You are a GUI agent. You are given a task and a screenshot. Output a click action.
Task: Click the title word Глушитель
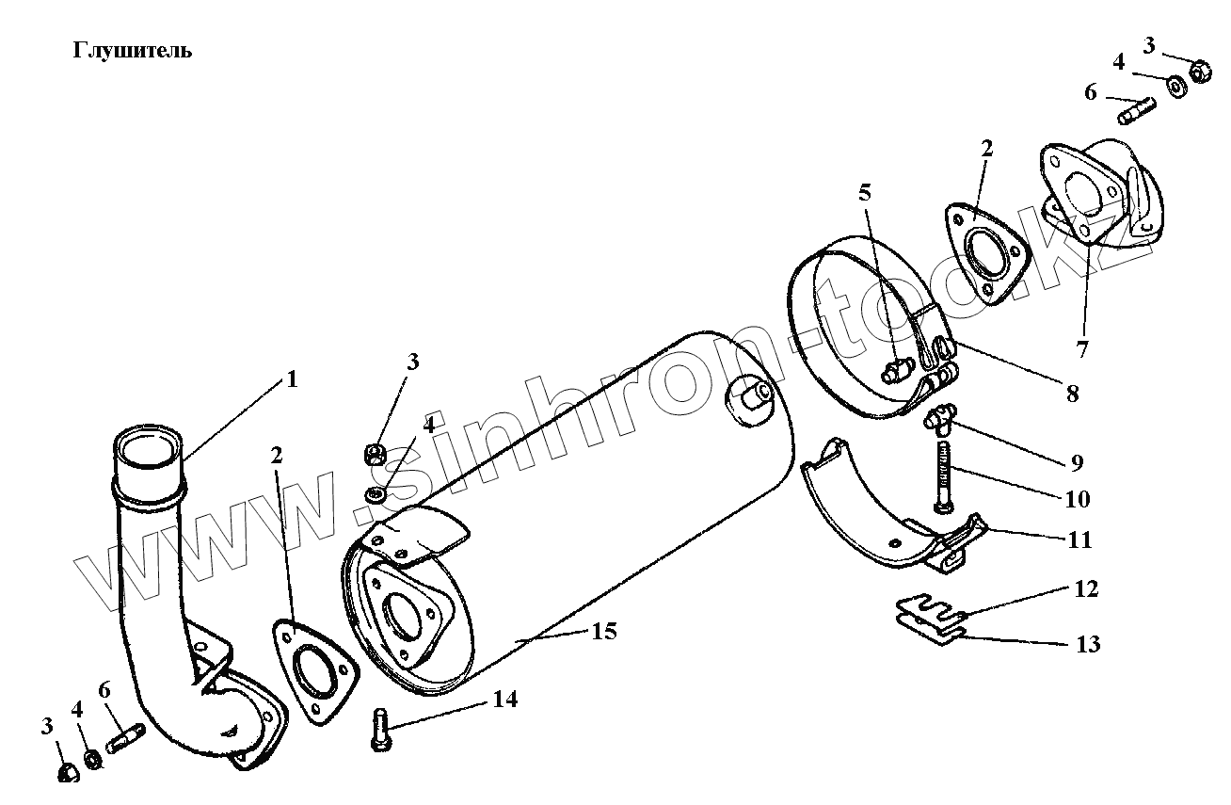click(x=132, y=51)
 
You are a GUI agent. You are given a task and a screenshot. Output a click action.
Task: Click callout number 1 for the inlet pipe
click(x=291, y=379)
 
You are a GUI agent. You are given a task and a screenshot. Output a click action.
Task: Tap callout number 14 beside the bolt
click(x=504, y=700)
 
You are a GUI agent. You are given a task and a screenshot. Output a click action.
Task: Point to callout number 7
click(x=1083, y=349)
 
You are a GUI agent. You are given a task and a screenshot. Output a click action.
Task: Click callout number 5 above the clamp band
click(x=864, y=193)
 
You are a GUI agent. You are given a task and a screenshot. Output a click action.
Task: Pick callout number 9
click(x=1075, y=462)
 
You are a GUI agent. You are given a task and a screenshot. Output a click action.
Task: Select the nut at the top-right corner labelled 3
click(x=1200, y=71)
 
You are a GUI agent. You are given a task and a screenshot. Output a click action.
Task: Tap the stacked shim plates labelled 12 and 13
click(x=928, y=619)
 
